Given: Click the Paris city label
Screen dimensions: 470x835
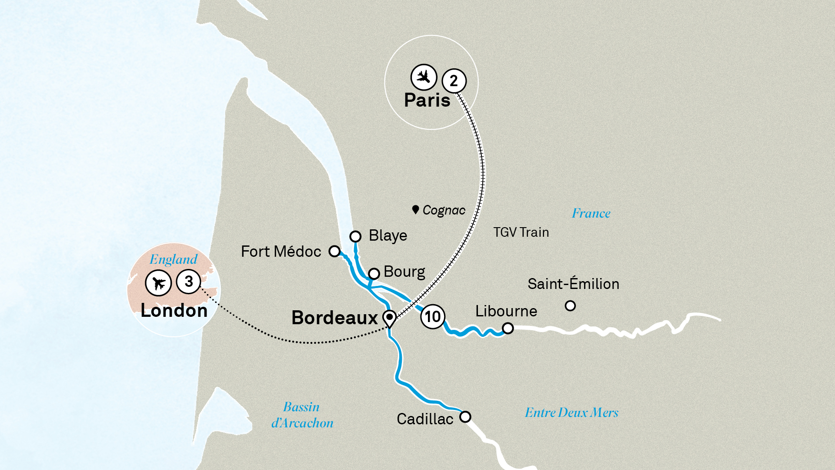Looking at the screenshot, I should [427, 101].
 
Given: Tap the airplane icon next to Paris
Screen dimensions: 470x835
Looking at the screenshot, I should [424, 77].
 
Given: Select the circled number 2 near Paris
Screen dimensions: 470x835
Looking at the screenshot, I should [454, 81].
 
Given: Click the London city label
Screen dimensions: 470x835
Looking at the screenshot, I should [174, 311].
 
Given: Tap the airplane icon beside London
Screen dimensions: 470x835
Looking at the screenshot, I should [158, 283].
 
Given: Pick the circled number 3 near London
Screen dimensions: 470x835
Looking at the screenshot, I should [189, 282].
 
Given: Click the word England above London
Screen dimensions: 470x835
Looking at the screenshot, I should [174, 259].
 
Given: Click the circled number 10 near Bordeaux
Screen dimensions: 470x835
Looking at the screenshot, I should [433, 317].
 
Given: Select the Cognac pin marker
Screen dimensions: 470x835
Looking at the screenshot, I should [415, 210].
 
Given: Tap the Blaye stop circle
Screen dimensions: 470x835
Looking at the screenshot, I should [355, 236].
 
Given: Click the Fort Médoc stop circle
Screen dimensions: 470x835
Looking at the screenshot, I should [334, 251].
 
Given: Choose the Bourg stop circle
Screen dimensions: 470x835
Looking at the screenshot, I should [374, 274].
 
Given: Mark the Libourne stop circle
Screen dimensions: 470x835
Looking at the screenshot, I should [508, 328].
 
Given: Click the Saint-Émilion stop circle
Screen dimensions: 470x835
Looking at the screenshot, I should [570, 306].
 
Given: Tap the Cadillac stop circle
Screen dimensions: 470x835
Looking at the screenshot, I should [465, 417].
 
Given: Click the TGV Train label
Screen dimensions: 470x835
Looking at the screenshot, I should [521, 232].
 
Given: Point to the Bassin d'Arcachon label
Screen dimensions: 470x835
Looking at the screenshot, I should [302, 415].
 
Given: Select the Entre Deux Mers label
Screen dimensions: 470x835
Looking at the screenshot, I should [571, 413].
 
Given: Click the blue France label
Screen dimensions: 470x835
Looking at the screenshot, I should [591, 213].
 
